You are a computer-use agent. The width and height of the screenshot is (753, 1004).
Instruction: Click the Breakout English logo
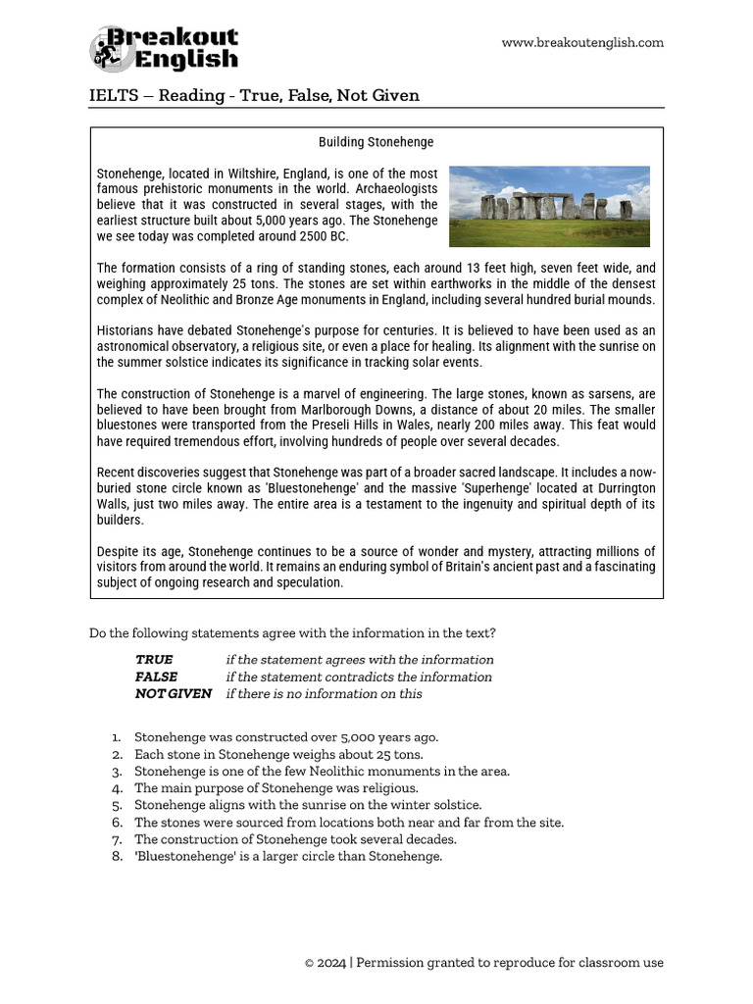point(165,49)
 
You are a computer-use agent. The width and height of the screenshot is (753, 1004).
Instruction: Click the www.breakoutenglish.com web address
point(582,42)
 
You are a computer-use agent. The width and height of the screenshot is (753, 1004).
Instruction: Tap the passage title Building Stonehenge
point(376,142)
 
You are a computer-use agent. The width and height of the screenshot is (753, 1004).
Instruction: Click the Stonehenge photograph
point(549,206)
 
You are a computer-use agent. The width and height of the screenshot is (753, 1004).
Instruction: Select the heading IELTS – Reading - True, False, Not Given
point(254,95)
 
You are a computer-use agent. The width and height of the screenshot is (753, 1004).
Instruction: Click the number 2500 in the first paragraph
point(303,236)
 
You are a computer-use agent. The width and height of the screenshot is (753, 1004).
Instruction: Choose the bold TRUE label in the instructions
point(154,660)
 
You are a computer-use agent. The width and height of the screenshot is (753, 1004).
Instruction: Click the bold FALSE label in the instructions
point(157,677)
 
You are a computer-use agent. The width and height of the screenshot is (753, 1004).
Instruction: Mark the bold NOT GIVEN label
point(174,693)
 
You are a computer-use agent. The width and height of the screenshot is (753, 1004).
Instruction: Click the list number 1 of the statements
point(116,737)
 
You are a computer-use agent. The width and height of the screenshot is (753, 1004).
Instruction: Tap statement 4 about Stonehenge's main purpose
point(276,787)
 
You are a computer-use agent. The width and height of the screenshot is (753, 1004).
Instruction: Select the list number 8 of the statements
point(116,856)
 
